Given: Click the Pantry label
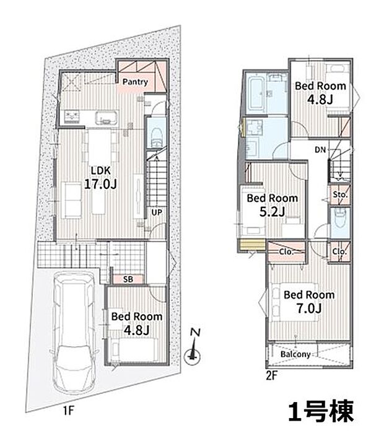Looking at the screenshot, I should pyautogui.click(x=134, y=82).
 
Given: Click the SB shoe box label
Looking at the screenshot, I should pyautogui.click(x=128, y=279).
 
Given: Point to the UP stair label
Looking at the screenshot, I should pyautogui.click(x=157, y=212).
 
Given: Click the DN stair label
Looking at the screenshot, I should pyautogui.click(x=320, y=149).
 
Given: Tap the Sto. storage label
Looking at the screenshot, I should pyautogui.click(x=339, y=195).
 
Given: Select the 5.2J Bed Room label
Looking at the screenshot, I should pyautogui.click(x=272, y=205).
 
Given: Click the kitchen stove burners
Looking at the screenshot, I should pyautogui.click(x=72, y=115).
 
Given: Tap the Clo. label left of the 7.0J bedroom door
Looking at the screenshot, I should pyautogui.click(x=286, y=252).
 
